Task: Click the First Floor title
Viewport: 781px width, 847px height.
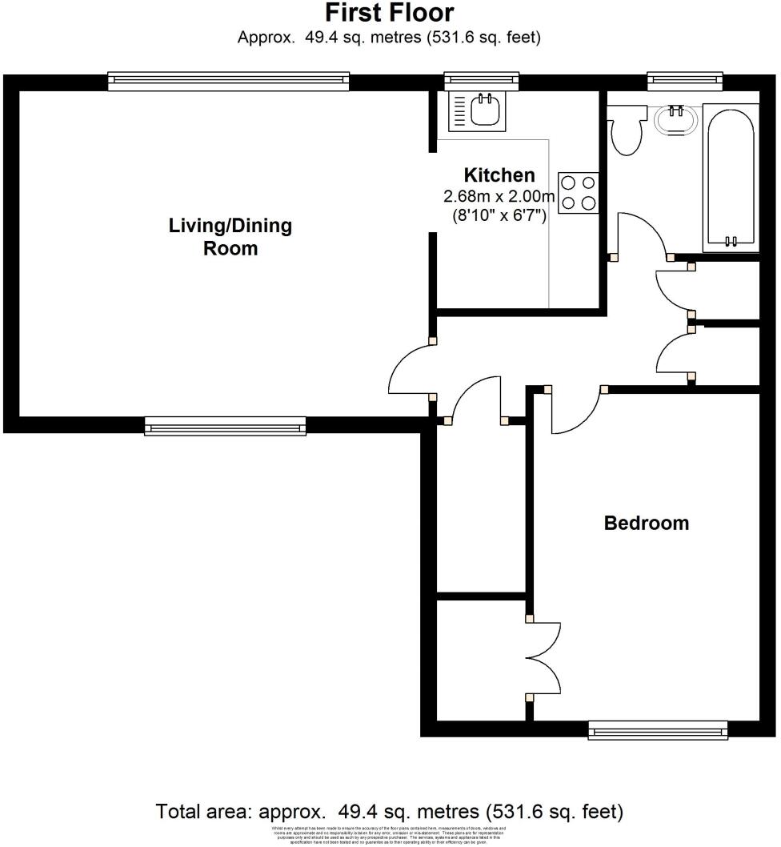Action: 390,13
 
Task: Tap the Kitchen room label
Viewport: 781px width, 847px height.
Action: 500,175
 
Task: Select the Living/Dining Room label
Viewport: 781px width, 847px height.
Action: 230,236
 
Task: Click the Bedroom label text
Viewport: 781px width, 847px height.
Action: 646,524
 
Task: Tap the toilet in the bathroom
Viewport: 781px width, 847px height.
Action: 625,131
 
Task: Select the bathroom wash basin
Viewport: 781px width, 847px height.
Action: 676,121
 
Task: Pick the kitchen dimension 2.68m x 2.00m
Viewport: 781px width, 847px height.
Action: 499,197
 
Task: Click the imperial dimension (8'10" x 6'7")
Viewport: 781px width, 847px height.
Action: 499,215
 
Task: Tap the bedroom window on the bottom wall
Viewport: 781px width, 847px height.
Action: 658,729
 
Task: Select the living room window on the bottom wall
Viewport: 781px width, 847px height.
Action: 226,426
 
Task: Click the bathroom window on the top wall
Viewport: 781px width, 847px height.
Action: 685,80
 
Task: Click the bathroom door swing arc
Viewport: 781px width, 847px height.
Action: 644,232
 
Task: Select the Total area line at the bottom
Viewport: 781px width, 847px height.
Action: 390,811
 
